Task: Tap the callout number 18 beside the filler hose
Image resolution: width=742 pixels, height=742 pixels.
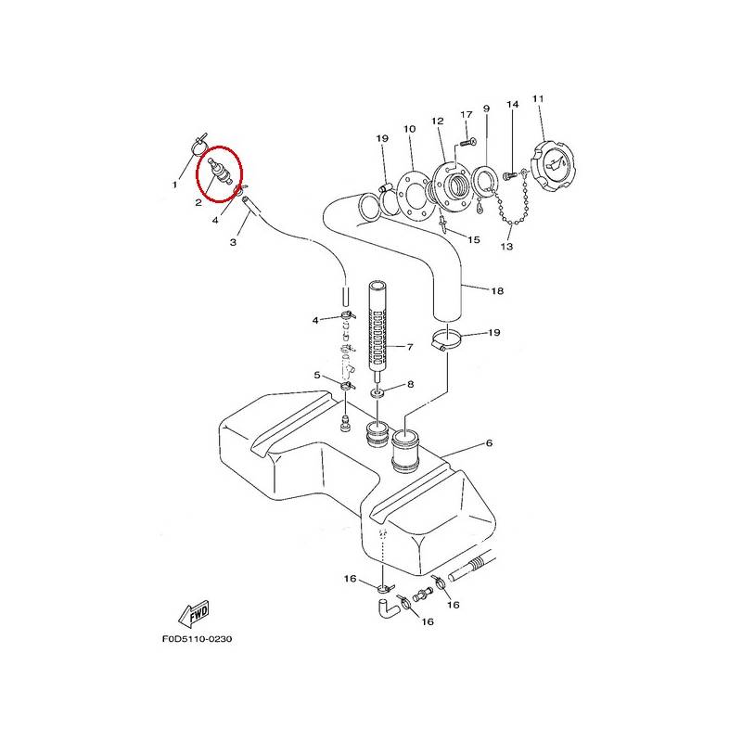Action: pyautogui.click(x=497, y=290)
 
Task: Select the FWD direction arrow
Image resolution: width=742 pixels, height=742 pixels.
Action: pyautogui.click(x=194, y=614)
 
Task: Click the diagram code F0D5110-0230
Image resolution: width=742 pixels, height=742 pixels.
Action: pyautogui.click(x=198, y=639)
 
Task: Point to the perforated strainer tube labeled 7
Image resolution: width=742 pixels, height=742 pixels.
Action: pyautogui.click(x=377, y=330)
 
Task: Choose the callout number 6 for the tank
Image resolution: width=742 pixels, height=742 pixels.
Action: pyautogui.click(x=489, y=443)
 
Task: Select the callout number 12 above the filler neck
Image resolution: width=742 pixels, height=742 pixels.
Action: pyautogui.click(x=438, y=122)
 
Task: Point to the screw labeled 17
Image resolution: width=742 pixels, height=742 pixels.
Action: pyautogui.click(x=467, y=142)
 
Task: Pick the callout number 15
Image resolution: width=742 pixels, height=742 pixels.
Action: pyautogui.click(x=474, y=240)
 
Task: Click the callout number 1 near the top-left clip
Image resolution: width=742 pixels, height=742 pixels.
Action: pyautogui.click(x=174, y=185)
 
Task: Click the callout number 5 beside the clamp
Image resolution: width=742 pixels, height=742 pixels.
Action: pyautogui.click(x=317, y=376)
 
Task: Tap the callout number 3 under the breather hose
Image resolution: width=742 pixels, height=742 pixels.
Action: pyautogui.click(x=233, y=242)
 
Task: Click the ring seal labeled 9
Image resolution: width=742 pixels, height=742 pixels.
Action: pyautogui.click(x=483, y=181)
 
